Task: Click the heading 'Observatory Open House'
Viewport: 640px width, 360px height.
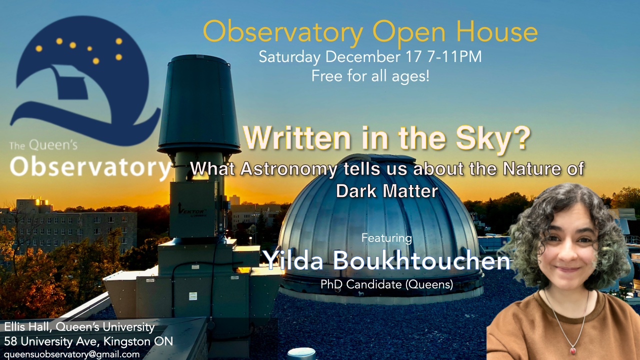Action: tap(370, 32)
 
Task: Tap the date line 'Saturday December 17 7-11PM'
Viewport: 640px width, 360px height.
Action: tap(370, 56)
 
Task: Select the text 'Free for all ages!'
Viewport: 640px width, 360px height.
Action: tap(370, 76)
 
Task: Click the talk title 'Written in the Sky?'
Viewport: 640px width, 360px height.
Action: tap(387, 138)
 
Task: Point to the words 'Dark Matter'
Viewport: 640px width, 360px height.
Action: tap(387, 191)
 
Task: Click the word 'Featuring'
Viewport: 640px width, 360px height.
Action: tap(386, 238)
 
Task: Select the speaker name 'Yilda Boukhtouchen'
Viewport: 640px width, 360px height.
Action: tap(386, 260)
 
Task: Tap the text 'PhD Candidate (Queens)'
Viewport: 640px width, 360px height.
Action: tap(387, 284)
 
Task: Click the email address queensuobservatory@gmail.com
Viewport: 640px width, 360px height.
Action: tap(71, 354)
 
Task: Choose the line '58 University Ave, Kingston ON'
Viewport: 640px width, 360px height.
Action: tap(88, 341)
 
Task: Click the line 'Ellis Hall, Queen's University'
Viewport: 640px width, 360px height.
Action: tap(79, 327)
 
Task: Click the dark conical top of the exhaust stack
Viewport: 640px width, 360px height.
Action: tap(199, 103)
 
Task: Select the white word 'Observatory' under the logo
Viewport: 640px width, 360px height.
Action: tap(90, 167)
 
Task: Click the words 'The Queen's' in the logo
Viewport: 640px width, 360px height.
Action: tap(43, 145)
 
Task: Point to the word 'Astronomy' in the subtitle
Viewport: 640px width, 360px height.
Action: tap(289, 169)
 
